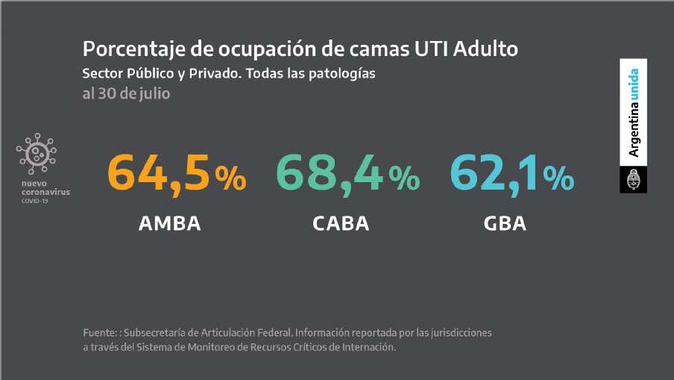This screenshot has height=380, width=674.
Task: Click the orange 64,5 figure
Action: pos(159,172)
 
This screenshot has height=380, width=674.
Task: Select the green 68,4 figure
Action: pos(330,172)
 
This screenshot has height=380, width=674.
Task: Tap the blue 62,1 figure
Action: pos(494,172)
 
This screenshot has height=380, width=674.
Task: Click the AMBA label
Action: pos(170,223)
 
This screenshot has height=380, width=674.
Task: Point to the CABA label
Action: pos(341,223)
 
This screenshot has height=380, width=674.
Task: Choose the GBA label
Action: pos(505,223)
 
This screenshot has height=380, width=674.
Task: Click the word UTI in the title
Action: pos(432,49)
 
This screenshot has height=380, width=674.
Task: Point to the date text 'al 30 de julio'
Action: pos(126,95)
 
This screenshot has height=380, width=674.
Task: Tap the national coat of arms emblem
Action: pos(634,179)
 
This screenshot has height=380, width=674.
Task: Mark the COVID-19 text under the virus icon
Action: pos(34,201)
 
